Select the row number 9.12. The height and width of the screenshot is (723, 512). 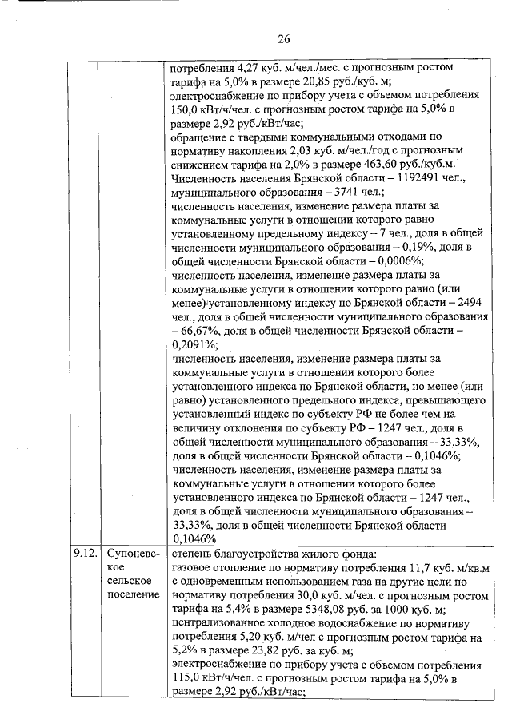(84, 552)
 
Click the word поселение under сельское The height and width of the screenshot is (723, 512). (134, 595)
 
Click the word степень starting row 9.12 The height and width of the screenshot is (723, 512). (196, 552)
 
